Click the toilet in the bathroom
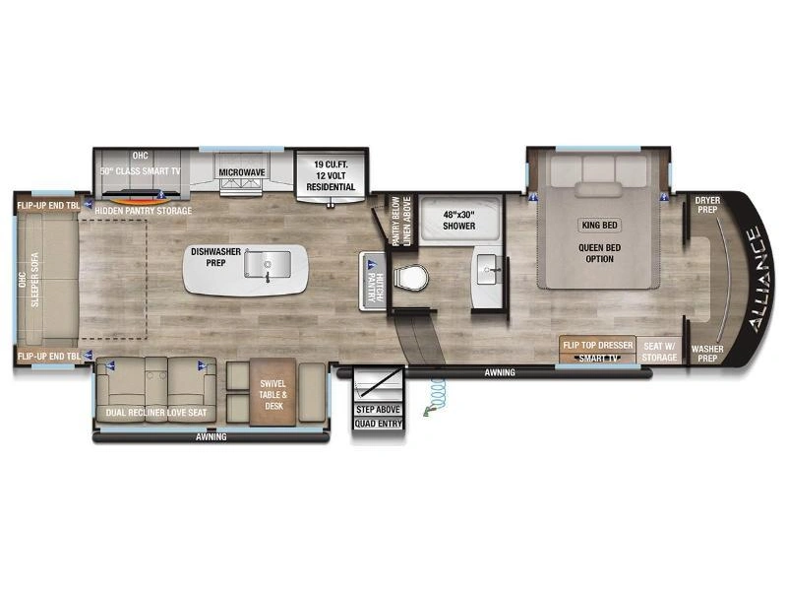coord(411,278)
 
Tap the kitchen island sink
coord(268,264)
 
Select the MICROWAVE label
coord(242,172)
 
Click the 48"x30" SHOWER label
coord(458,220)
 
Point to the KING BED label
coord(599,226)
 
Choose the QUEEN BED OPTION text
coord(599,253)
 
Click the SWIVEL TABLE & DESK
coord(273,392)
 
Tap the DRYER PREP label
coord(707,205)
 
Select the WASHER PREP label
coord(707,354)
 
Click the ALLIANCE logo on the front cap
coord(761,280)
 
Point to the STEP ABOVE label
coord(378,410)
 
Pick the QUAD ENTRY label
coord(379,424)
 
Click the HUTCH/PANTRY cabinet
coord(373,281)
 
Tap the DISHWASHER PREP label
coord(215,257)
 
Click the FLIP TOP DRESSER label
coord(598,346)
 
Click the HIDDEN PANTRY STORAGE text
coord(143,211)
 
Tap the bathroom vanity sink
coord(488,269)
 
